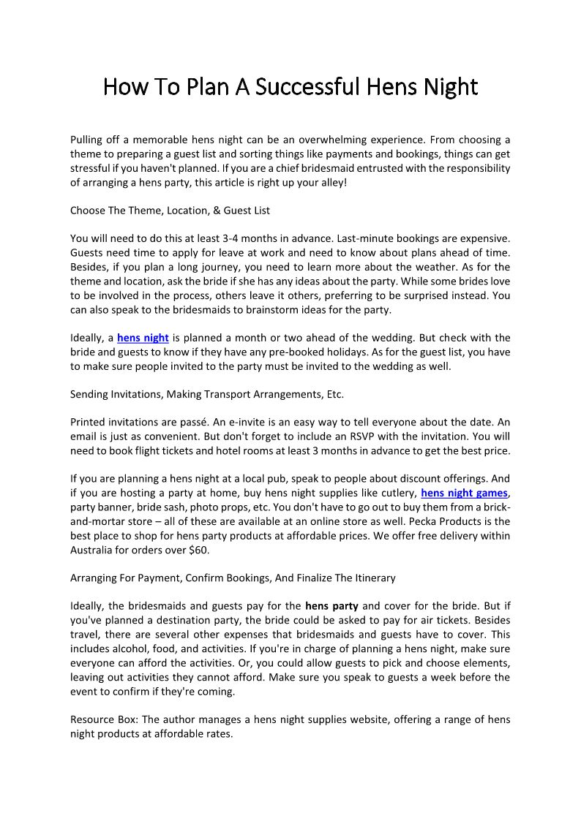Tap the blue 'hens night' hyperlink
point(143,338)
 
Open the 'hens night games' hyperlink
point(464,493)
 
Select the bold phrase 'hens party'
point(331,605)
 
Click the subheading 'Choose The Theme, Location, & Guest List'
point(170,211)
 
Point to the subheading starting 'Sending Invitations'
point(206,394)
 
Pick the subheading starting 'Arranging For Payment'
point(233,578)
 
